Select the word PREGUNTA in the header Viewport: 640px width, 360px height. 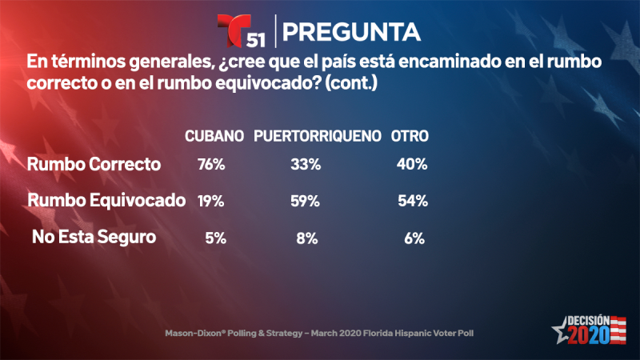tap(352, 31)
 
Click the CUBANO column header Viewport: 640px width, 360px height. tap(214, 137)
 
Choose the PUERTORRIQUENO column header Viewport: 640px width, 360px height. tap(317, 137)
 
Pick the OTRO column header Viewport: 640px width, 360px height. tap(410, 137)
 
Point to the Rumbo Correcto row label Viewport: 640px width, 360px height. tap(94, 165)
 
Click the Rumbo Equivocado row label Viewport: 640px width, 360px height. tap(106, 201)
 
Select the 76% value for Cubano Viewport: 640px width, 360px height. tap(212, 165)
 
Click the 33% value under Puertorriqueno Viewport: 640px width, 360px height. tap(306, 165)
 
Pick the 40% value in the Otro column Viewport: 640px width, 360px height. tap(412, 165)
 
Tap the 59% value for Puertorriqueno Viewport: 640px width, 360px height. tap(306, 201)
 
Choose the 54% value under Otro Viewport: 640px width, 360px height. tap(412, 201)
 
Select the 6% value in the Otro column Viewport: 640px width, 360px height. tap(414, 237)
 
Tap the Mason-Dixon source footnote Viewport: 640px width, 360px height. tap(320, 331)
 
